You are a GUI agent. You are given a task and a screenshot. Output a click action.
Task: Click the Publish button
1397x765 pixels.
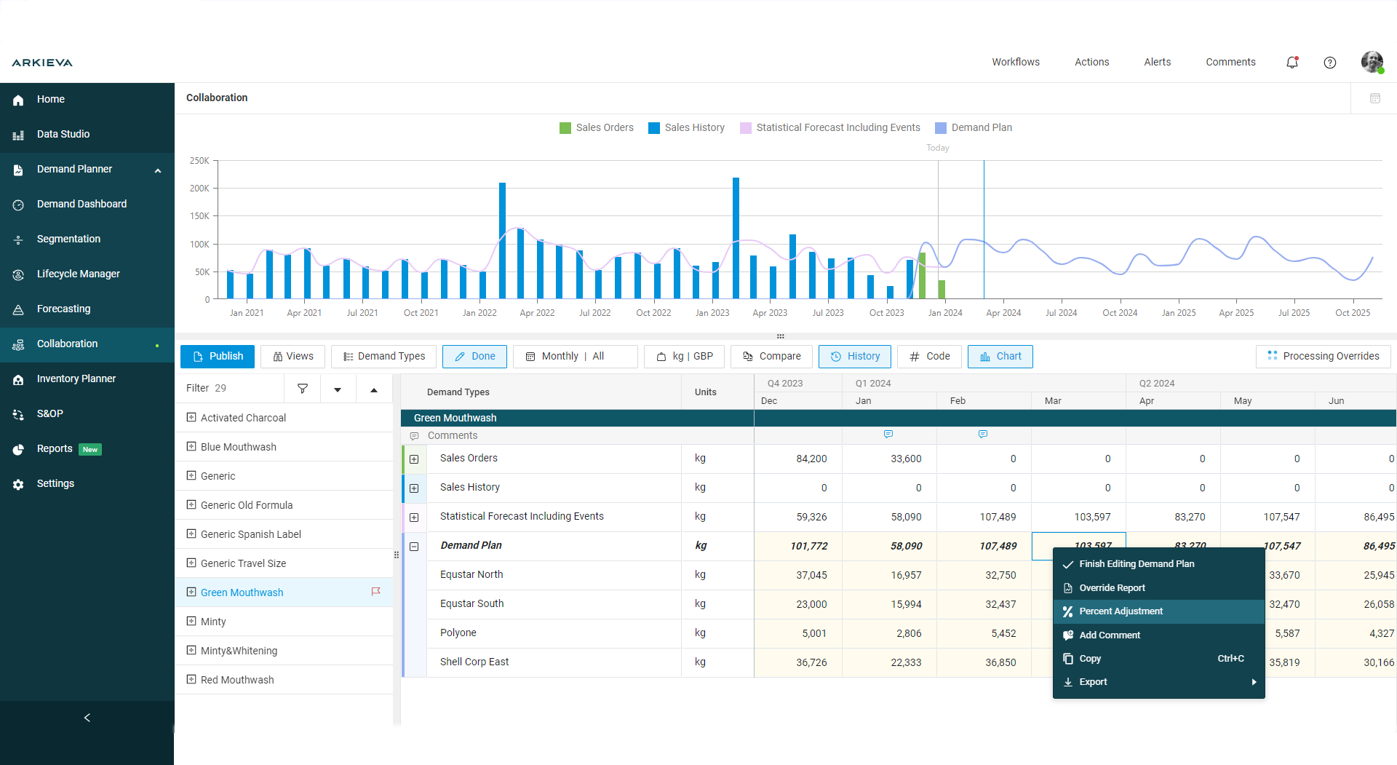click(x=218, y=357)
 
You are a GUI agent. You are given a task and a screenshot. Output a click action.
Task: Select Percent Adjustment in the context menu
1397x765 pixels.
click(x=1121, y=611)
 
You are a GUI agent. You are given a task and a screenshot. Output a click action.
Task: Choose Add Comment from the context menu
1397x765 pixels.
click(x=1109, y=635)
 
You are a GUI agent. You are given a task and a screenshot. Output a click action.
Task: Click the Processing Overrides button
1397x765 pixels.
click(x=1323, y=357)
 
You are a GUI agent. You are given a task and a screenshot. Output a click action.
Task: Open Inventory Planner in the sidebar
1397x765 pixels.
click(x=76, y=378)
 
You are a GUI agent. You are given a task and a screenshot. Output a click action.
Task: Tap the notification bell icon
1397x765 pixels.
click(x=1292, y=63)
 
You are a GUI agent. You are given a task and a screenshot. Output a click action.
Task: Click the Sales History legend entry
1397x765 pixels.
click(x=686, y=128)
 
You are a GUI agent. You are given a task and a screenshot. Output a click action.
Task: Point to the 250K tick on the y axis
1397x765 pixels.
click(x=199, y=161)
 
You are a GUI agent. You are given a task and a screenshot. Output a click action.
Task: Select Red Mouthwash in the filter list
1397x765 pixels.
click(x=237, y=680)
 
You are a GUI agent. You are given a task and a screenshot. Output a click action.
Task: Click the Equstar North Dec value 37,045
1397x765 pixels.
click(x=811, y=575)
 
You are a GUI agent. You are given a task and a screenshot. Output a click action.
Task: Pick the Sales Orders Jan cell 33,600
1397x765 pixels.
click(x=906, y=459)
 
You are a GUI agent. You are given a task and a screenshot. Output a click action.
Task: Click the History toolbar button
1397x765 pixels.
click(x=855, y=357)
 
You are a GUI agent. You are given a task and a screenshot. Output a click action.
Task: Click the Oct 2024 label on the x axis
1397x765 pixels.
click(x=1119, y=313)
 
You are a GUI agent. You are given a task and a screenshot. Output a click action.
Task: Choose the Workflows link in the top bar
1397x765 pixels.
click(x=1015, y=63)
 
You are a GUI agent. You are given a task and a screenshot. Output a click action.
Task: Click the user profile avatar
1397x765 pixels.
click(x=1372, y=63)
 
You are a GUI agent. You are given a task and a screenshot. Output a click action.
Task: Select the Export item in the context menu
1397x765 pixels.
click(x=1093, y=682)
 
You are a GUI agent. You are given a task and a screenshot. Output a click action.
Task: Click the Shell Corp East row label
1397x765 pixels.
click(x=474, y=662)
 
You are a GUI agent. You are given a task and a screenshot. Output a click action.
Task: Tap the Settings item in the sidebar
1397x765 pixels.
click(x=55, y=483)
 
